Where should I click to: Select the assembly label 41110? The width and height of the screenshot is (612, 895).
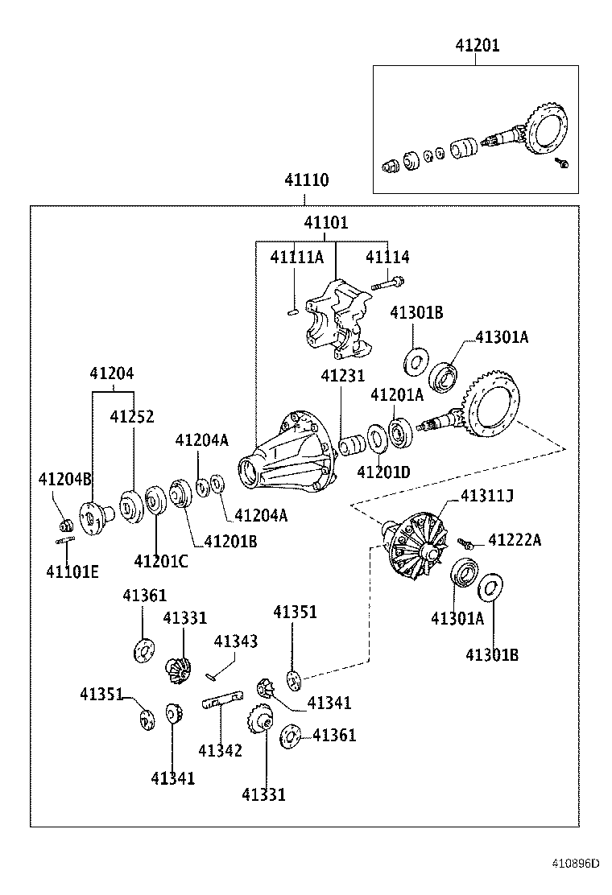[x=305, y=181]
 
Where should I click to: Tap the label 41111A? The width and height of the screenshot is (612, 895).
[x=296, y=258]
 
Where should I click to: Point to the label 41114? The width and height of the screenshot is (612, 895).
[x=387, y=258]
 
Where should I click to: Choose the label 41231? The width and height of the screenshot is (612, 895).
[x=342, y=376]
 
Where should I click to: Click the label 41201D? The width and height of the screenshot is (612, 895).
[x=383, y=472]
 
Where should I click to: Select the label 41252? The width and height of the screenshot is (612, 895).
[x=132, y=417]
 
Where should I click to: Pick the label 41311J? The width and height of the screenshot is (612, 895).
[x=486, y=497]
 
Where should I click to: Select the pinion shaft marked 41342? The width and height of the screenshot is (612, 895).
[x=223, y=700]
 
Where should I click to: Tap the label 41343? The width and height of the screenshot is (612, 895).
[x=235, y=641]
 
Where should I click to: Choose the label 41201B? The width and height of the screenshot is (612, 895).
[x=230, y=542]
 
